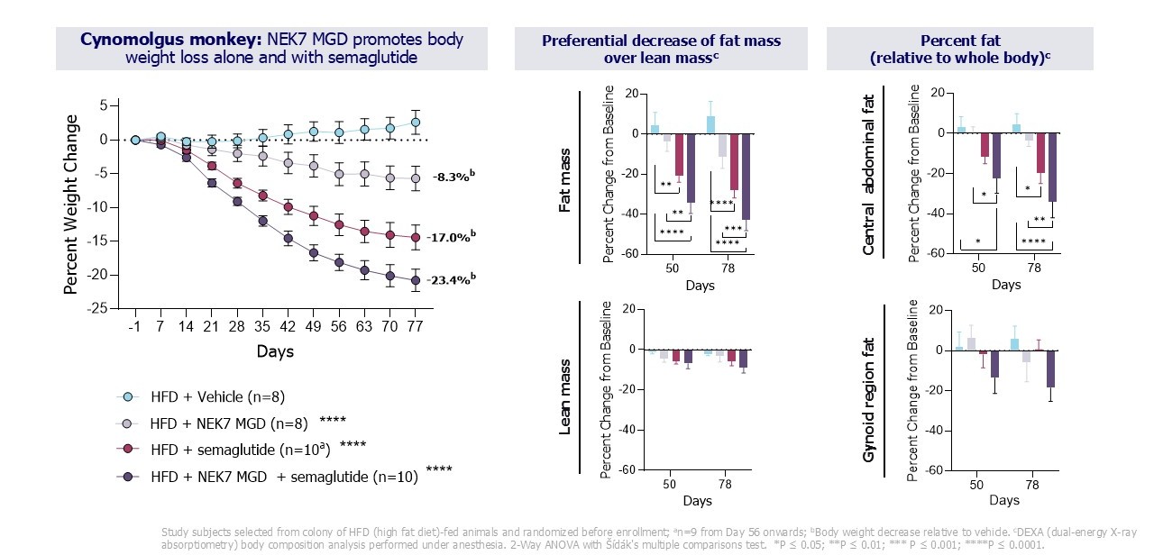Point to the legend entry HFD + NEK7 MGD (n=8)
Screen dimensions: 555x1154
[x=229, y=422]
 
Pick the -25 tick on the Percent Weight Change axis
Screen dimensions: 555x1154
[x=97, y=307]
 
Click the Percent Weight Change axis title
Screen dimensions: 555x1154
[x=70, y=206]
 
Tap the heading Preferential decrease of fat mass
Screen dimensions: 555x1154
[x=661, y=41]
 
